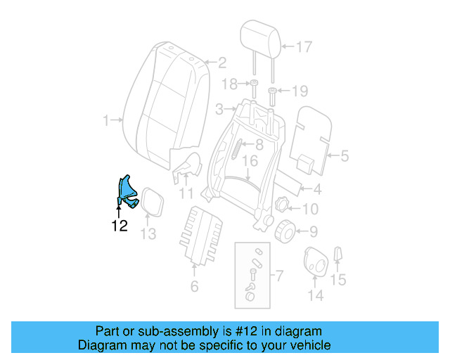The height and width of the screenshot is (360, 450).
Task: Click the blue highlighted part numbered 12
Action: [x=126, y=191]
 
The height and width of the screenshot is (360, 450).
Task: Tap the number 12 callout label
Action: [x=120, y=226]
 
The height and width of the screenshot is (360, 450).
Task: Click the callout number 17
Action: [x=302, y=48]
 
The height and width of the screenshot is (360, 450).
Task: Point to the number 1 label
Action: [x=107, y=121]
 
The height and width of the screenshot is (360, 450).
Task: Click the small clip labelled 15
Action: [x=337, y=254]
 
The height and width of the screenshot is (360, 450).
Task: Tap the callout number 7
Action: [x=278, y=276]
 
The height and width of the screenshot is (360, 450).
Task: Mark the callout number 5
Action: [x=344, y=156]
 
